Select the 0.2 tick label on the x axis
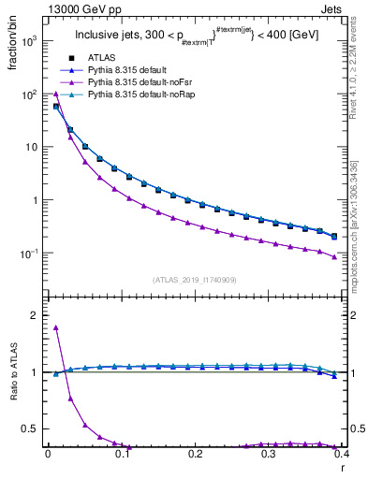(x=195, y=454)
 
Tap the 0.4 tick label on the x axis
(x=342, y=454)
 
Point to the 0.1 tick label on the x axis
(x=121, y=454)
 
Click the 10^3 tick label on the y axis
(x=28, y=42)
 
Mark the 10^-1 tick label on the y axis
(x=28, y=254)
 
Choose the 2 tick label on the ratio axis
(x=34, y=315)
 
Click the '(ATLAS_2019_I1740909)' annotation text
(x=194, y=279)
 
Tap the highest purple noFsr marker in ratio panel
(x=56, y=327)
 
